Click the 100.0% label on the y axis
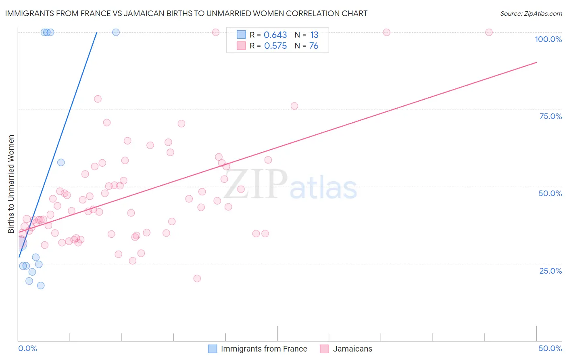tap(548, 39)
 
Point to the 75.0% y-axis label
tap(550, 116)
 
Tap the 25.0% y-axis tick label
tap(550, 270)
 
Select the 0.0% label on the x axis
tap(27, 348)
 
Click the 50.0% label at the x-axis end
tap(550, 348)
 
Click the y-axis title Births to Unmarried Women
tap(11, 184)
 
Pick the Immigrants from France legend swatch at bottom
tap(213, 349)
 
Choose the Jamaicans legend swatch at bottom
tap(324, 349)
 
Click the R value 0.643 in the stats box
tap(275, 35)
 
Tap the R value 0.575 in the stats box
tap(275, 46)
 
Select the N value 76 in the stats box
tap(314, 46)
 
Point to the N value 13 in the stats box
tap(314, 35)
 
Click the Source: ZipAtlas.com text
tap(531, 14)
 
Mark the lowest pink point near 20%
tap(197, 278)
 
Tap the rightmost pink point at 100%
tap(489, 32)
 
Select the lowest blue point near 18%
tap(41, 285)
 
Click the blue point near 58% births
tap(61, 163)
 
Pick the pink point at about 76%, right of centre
tap(294, 106)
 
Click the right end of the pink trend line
tap(536, 62)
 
